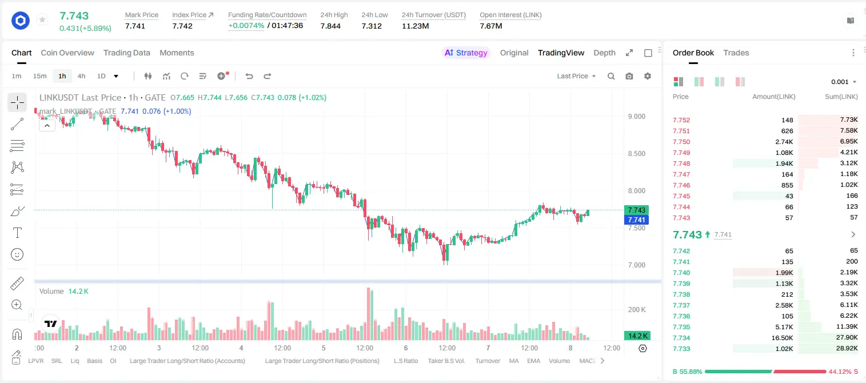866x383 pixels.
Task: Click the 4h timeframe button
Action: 81,76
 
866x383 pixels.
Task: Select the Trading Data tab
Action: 126,53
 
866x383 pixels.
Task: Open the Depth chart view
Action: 604,53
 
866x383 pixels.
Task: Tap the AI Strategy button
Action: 466,53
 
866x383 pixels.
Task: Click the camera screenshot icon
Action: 629,76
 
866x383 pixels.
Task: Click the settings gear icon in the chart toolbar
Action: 648,76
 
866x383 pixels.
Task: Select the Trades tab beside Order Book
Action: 736,53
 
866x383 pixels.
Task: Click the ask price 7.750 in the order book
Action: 681,142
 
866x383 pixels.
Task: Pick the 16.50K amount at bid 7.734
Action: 782,338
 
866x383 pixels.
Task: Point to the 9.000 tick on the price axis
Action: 637,117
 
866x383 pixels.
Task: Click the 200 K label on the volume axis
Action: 637,310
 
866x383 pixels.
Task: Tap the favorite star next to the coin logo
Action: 42,19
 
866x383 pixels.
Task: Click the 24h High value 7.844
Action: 330,26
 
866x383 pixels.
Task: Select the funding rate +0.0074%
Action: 246,26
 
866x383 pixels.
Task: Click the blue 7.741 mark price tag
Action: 636,220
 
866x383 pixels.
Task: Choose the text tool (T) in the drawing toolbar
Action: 17,233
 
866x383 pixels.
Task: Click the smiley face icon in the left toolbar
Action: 17,254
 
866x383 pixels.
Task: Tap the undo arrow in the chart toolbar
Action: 249,76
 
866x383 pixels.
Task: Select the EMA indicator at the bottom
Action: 533,361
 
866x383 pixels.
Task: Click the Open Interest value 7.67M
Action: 491,26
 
